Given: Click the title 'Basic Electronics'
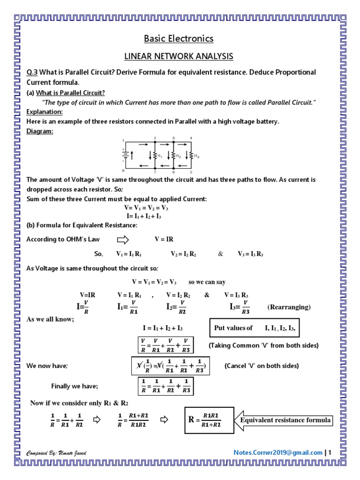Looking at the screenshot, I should pyautogui.click(x=178, y=38).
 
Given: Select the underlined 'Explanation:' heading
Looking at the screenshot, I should pyautogui.click(x=45, y=112).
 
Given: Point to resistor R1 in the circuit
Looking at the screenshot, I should pyautogui.click(x=157, y=155).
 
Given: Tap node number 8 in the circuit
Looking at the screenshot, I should pyautogui.click(x=123, y=171).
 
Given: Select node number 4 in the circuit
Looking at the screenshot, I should pyautogui.click(x=191, y=138).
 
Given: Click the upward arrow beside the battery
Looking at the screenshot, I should pyautogui.click(x=133, y=154).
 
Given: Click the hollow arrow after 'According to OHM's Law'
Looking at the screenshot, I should pyautogui.click(x=122, y=240).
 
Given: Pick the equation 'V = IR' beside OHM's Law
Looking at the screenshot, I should pyautogui.click(x=164, y=240).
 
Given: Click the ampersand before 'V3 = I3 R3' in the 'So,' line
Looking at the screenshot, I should pyautogui.click(x=221, y=254).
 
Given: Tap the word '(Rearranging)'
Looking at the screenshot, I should pyautogui.click(x=289, y=307).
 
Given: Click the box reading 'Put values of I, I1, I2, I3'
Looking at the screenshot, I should pyautogui.click(x=254, y=328).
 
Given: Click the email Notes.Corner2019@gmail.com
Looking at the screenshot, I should pyautogui.click(x=278, y=452).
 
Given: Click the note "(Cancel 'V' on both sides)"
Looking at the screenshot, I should pyautogui.click(x=261, y=366).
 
